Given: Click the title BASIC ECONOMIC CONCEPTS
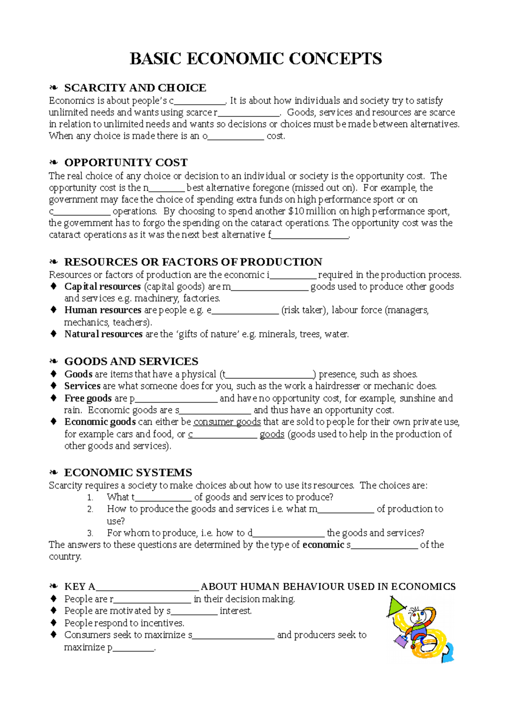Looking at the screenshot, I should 255,59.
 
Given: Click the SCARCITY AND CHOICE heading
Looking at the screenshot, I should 135,88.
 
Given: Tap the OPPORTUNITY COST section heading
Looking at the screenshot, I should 126,163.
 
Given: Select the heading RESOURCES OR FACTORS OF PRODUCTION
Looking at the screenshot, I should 193,262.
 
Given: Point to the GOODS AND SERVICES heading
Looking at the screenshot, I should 131,361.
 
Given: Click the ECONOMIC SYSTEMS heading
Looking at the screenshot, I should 128,473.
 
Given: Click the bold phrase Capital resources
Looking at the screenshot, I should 102,287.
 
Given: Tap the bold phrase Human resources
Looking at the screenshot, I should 103,310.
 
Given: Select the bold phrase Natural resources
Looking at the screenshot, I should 103,334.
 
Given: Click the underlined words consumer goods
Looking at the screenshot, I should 227,422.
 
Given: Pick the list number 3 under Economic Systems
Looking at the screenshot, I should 90,533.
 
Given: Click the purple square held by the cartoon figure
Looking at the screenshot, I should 401,641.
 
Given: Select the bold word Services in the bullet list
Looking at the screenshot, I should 82,386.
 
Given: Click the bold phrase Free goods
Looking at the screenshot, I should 88,398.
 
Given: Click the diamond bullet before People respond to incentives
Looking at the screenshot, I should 54,623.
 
